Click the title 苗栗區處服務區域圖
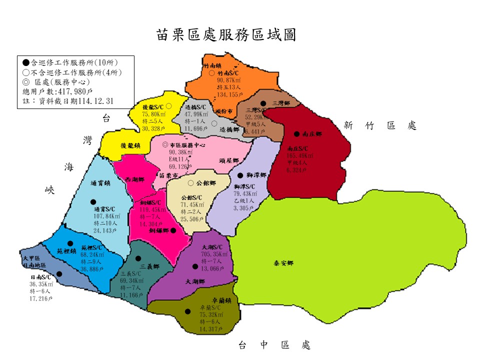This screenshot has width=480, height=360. (x=226, y=35)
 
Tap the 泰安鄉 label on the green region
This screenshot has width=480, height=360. (x=283, y=263)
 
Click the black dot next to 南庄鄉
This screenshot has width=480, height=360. (x=296, y=134)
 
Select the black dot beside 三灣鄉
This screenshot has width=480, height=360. (x=263, y=103)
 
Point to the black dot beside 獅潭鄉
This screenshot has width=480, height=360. (x=240, y=175)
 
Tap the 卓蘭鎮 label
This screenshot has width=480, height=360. (x=221, y=300)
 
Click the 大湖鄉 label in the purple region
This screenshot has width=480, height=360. (x=195, y=282)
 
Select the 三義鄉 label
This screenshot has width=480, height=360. (x=150, y=266)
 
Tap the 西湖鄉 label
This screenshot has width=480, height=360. (x=134, y=179)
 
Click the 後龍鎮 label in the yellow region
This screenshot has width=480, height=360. (x=130, y=145)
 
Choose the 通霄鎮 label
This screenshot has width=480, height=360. (x=100, y=183)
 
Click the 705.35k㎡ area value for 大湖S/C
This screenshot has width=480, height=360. (x=214, y=254)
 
